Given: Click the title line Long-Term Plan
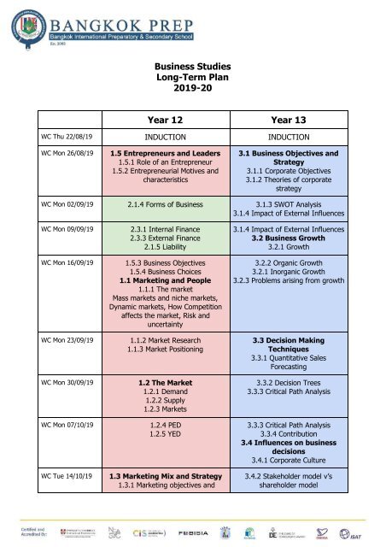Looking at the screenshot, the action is point(192,72).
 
